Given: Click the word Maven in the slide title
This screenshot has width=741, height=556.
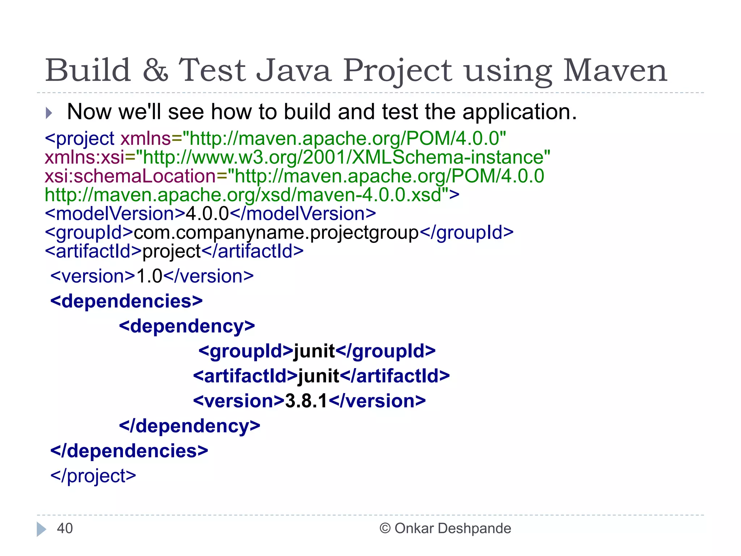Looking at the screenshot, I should [615, 70].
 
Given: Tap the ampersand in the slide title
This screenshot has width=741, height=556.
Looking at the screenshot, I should [155, 70].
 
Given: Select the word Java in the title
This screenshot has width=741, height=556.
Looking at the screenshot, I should [293, 70].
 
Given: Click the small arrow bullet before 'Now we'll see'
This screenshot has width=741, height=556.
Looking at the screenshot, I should [49, 113].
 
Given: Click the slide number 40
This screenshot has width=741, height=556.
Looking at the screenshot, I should [65, 528].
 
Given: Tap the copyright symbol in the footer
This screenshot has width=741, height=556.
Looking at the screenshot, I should [385, 528].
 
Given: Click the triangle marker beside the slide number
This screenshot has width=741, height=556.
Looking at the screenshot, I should [41, 529].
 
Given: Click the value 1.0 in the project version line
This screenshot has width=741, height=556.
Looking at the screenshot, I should [149, 277].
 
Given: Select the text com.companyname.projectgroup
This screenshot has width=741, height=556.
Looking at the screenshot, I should [276, 233].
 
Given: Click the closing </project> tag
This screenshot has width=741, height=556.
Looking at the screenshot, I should [93, 476].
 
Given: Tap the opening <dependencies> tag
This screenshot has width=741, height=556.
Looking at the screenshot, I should [126, 301].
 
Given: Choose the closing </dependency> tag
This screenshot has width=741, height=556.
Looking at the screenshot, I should [190, 426].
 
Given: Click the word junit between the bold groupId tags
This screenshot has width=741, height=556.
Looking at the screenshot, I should [314, 351].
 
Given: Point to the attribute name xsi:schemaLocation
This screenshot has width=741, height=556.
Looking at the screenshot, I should [130, 176].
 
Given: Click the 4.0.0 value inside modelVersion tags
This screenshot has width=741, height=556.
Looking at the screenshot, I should [207, 214].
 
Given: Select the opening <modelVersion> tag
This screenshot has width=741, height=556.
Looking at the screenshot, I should [115, 214].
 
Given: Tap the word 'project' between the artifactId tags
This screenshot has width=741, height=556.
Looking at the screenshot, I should [172, 252].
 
